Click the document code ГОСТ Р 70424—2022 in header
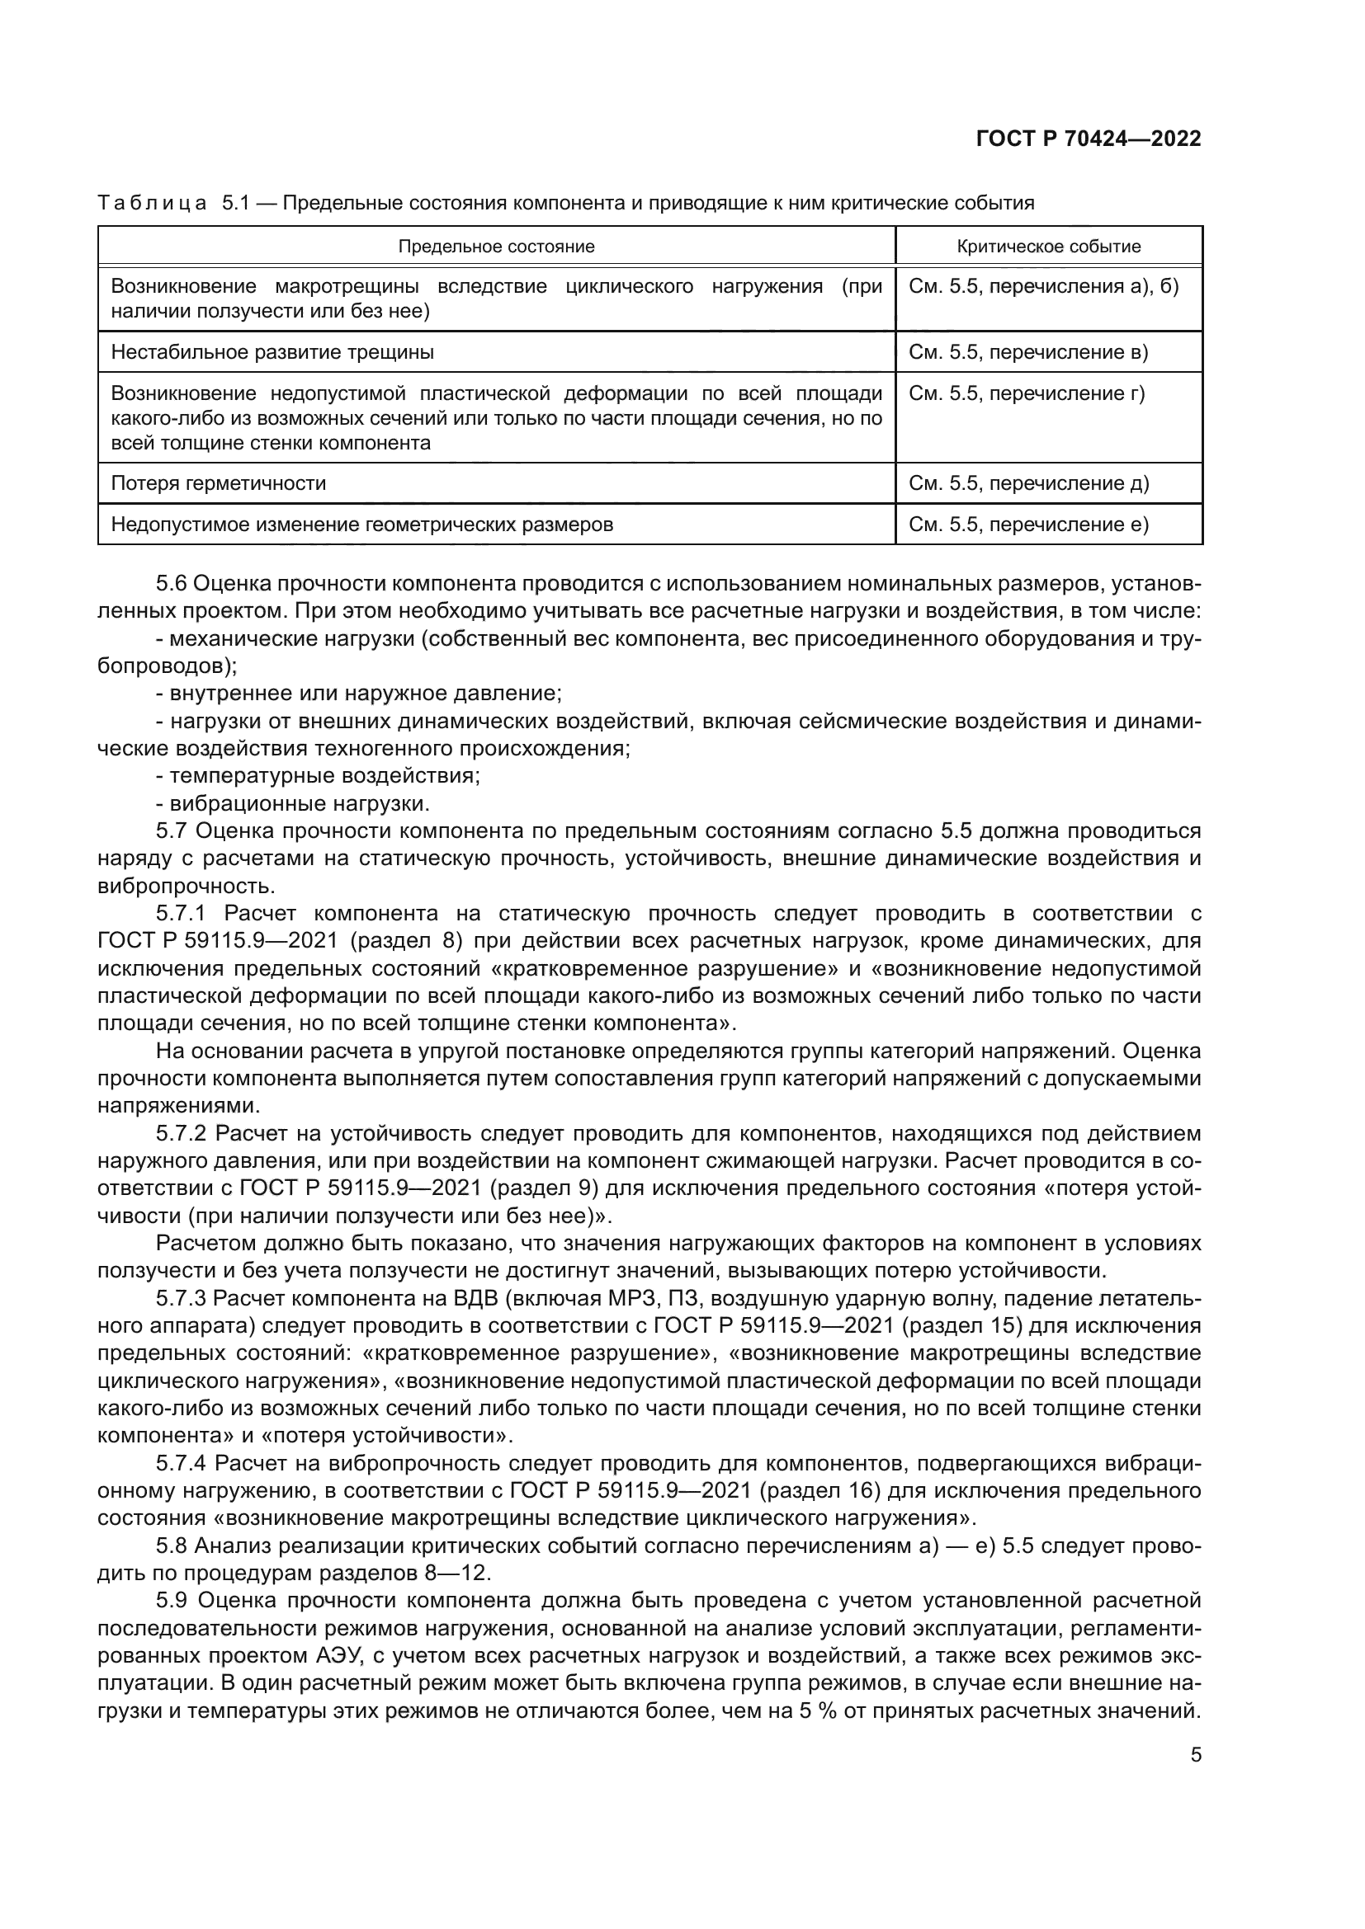coord(1088,139)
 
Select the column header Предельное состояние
coord(496,246)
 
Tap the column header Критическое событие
coord(1048,246)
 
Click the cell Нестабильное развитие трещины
coord(272,352)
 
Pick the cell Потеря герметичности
coord(219,483)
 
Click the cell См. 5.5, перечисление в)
coord(1028,352)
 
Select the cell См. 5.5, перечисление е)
coord(1028,525)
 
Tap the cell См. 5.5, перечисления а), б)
coord(1043,286)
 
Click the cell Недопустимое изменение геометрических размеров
coord(361,525)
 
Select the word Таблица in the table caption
coord(152,204)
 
